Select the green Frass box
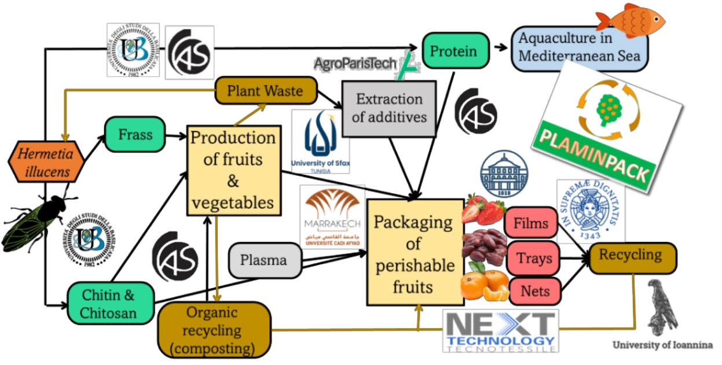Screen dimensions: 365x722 point(135,135)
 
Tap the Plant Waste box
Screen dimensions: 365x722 point(266,91)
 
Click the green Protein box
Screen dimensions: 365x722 point(453,51)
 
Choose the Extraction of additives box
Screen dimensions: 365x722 point(389,108)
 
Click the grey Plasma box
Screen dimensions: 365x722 point(263,260)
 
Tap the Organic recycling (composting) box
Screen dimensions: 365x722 point(214,330)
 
